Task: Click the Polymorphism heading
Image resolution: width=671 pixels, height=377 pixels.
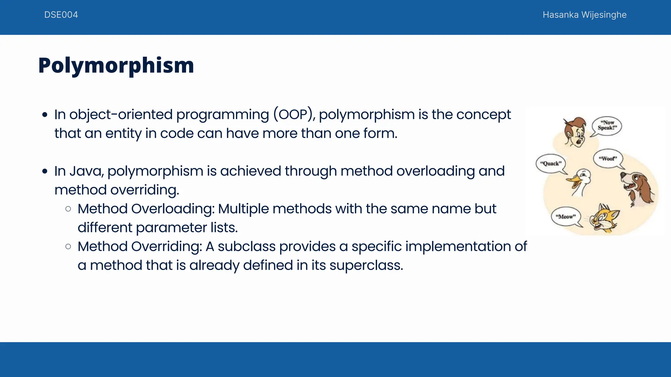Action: [116, 65]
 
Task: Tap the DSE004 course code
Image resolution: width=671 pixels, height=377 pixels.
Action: [61, 15]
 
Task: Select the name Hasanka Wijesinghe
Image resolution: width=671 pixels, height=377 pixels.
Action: [584, 15]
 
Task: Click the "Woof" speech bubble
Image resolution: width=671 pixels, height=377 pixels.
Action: [608, 159]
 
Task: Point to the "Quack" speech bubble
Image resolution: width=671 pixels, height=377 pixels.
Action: [551, 163]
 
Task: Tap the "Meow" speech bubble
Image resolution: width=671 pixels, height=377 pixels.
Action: [566, 217]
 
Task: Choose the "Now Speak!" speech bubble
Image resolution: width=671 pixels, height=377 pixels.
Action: [607, 125]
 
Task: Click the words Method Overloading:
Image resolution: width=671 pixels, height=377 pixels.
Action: [146, 209]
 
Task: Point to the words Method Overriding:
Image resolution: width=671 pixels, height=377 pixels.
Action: [140, 246]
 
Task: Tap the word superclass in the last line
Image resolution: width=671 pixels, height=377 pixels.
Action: [366, 265]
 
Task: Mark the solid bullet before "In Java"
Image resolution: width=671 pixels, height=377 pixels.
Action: [45, 171]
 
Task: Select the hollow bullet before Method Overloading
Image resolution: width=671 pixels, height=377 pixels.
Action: [68, 209]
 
